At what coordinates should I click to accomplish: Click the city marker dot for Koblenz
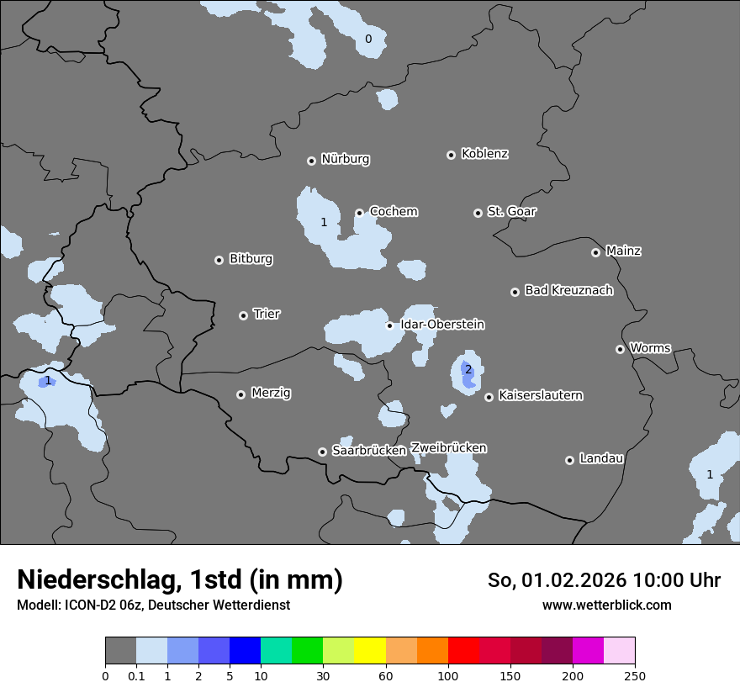point(451,155)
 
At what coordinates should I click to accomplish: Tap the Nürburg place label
point(345,159)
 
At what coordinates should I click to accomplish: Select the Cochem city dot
point(359,213)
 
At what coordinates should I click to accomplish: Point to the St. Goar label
point(511,211)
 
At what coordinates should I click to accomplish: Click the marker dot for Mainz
point(595,252)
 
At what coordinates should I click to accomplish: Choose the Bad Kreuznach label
point(568,290)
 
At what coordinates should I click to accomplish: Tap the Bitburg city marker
point(219,260)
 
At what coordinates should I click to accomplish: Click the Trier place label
point(267,314)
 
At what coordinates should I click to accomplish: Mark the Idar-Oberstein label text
point(442,324)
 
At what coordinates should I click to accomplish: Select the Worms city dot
point(620,349)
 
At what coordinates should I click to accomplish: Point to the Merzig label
point(271,393)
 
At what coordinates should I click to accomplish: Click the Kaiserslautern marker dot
point(489,397)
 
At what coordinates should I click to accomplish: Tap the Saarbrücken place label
point(369,450)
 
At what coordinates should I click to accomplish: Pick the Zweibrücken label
point(448,447)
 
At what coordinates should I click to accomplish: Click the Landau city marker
point(569,460)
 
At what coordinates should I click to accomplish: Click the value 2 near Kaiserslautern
point(468,369)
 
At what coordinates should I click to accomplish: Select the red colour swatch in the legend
point(463,651)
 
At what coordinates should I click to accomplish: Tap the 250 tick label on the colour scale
point(635,675)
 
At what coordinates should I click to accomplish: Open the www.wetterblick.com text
point(606,605)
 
